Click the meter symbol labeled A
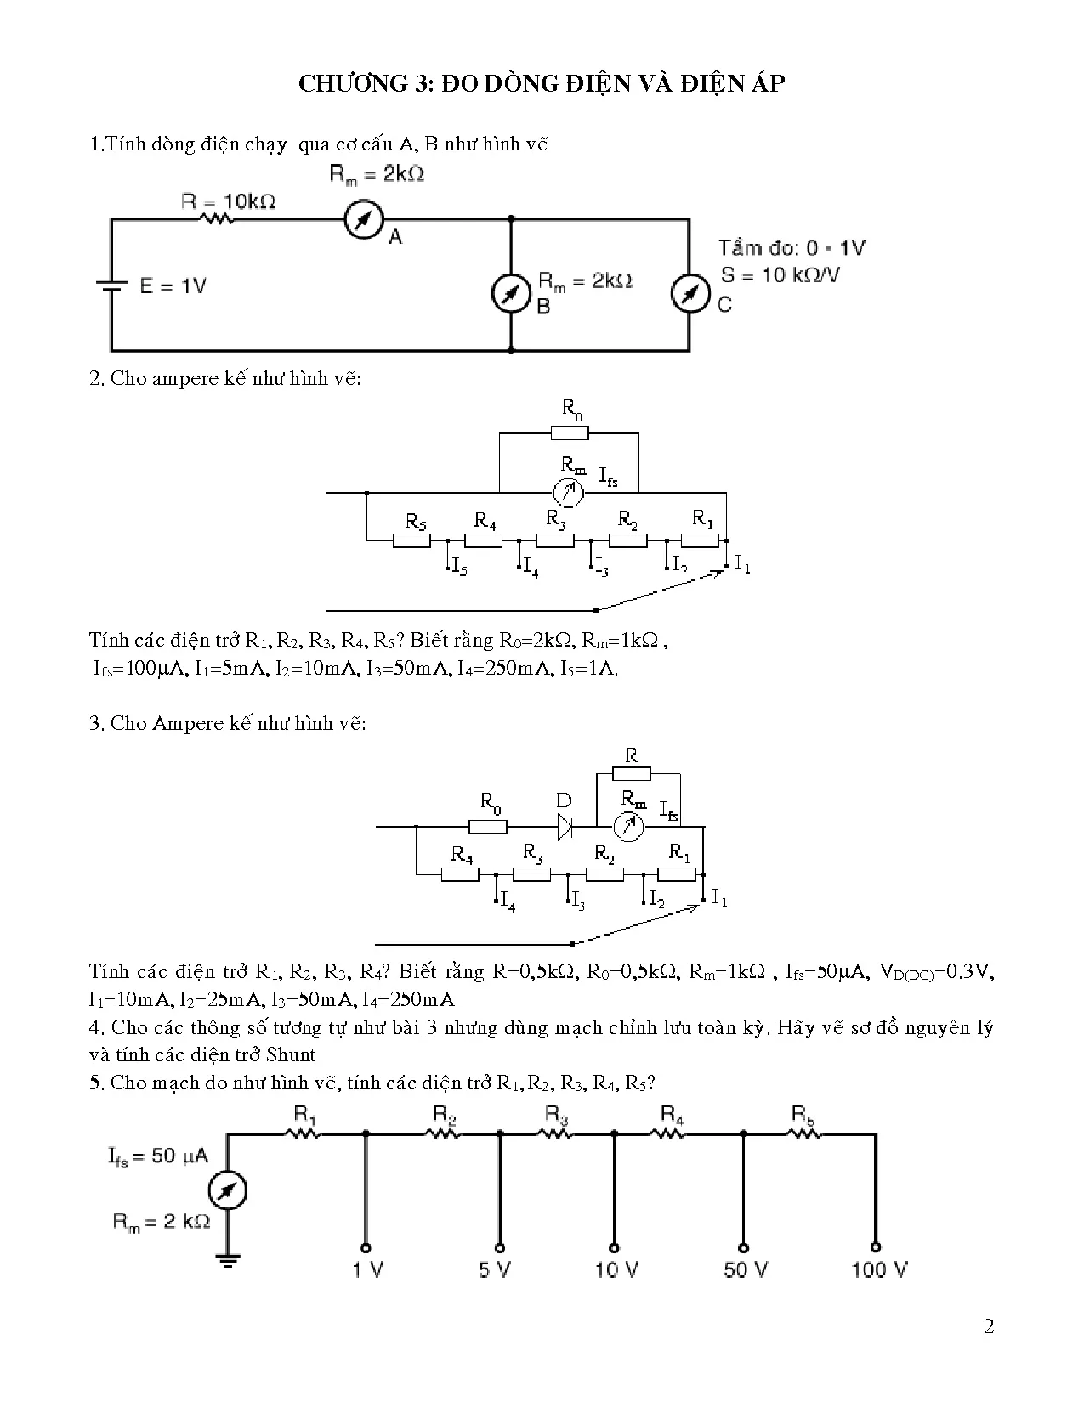tap(364, 219)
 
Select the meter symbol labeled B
tap(511, 293)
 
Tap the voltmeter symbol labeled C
tap(690, 293)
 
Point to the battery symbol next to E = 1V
tap(111, 285)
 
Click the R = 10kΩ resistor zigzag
tap(216, 219)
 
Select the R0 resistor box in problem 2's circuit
tap(570, 433)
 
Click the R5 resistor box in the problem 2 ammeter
tap(411, 540)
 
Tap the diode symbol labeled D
tap(565, 827)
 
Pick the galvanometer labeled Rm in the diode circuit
tap(628, 827)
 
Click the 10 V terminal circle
tap(615, 1248)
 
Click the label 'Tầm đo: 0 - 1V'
tap(792, 248)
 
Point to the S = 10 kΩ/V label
tap(780, 275)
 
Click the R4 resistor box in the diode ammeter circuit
tap(460, 875)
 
